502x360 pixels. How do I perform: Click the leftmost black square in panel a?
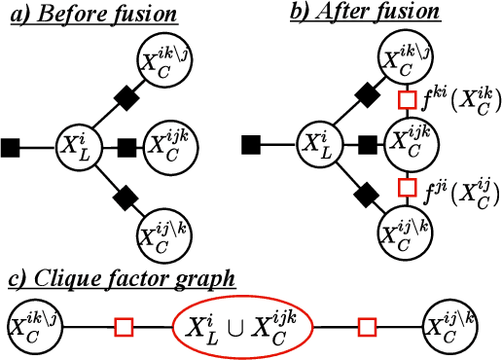11,148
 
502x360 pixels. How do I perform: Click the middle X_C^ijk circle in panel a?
166,147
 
